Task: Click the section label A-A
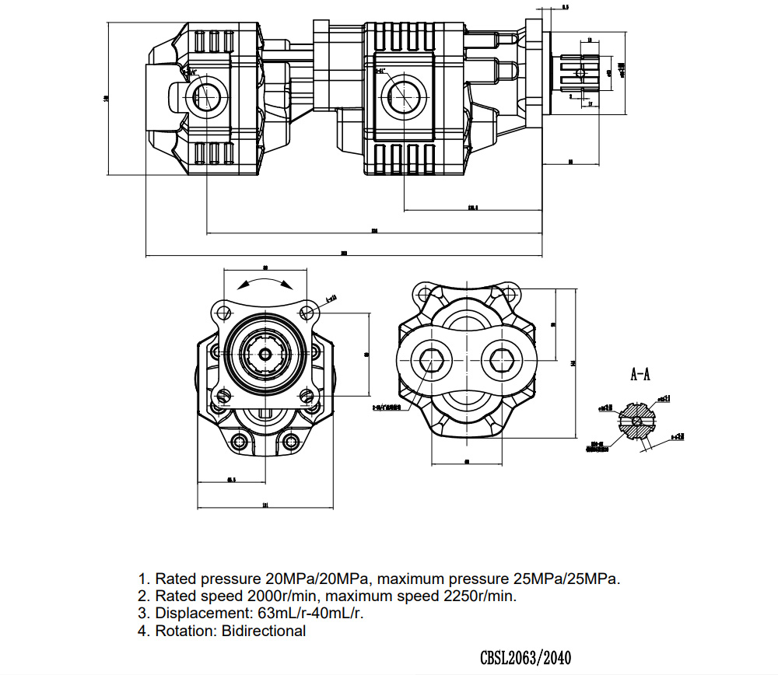click(640, 375)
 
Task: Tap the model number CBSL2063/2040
click(531, 657)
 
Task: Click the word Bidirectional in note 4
click(264, 631)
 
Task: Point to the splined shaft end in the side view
click(580, 73)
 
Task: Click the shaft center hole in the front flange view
click(266, 355)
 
